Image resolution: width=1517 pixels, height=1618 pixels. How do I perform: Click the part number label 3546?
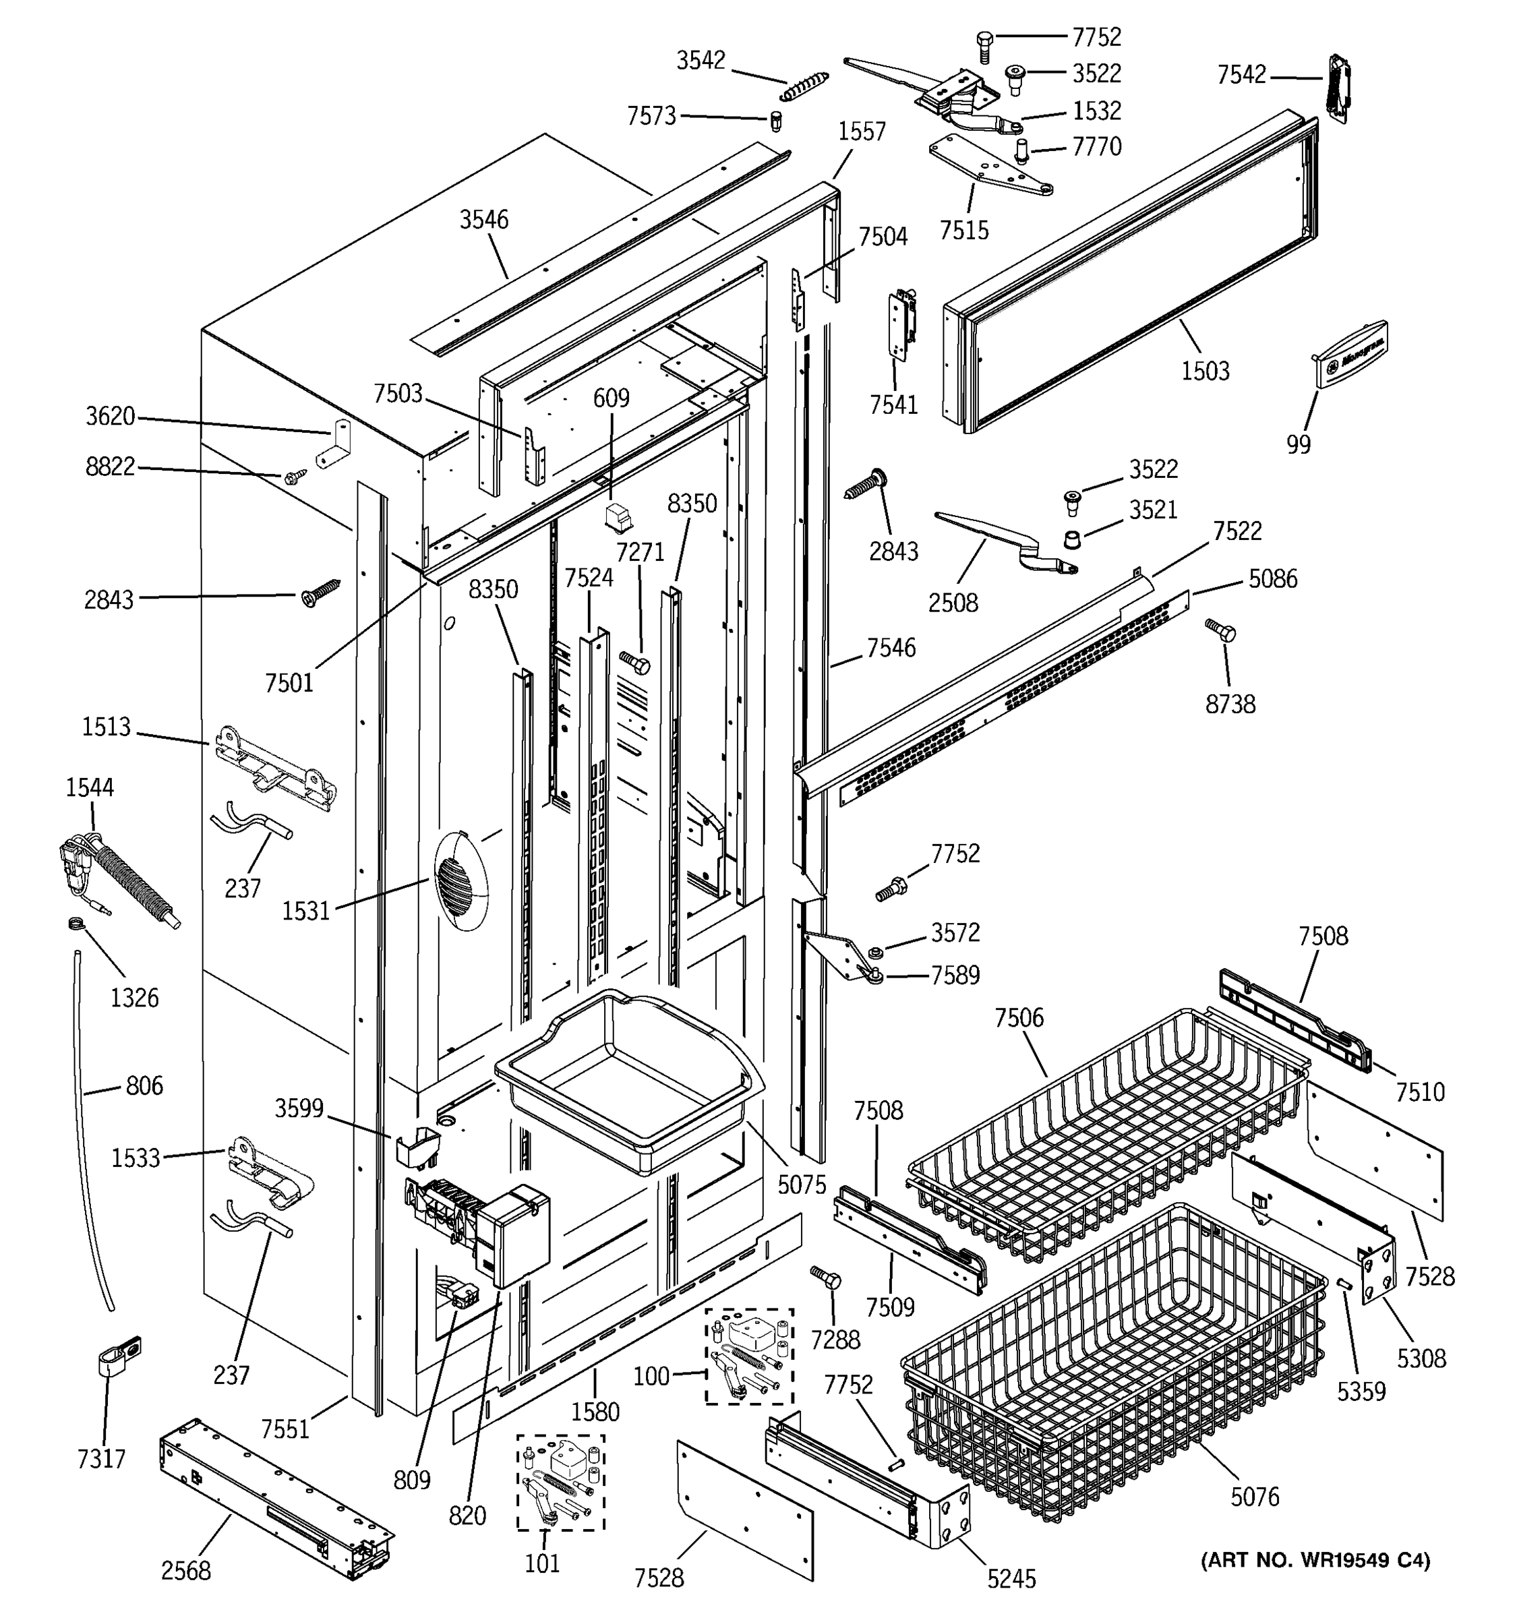click(483, 220)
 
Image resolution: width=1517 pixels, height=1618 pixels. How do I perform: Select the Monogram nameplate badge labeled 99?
click(1351, 351)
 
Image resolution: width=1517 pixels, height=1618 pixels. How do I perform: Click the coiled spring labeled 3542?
click(804, 86)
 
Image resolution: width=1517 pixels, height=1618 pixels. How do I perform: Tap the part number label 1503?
click(1204, 371)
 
